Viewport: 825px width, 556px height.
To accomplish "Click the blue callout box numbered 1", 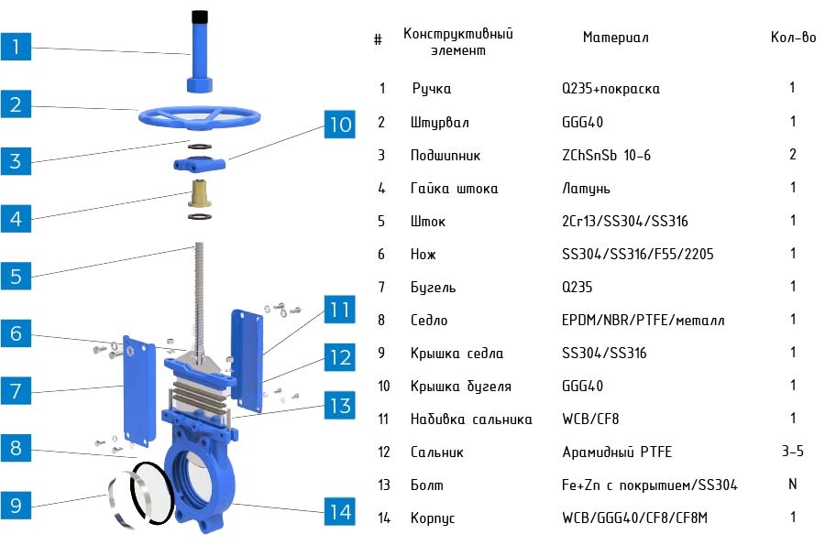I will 16,46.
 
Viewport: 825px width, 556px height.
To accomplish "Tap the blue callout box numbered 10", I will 340,124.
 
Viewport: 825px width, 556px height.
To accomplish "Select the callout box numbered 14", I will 340,511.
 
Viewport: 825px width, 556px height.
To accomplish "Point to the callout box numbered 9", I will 16,505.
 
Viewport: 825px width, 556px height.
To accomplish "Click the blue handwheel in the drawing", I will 199,118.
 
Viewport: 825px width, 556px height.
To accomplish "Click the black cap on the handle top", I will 198,17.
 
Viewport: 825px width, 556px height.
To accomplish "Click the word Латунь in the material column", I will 586,189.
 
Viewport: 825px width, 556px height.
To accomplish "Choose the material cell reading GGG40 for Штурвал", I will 582,123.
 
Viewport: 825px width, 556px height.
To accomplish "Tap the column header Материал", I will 615,38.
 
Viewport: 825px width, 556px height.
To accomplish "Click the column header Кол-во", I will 793,38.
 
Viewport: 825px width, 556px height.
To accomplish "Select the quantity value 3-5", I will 792,452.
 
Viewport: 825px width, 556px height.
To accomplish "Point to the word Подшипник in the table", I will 445,156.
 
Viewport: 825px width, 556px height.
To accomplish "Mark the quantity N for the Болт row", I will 792,485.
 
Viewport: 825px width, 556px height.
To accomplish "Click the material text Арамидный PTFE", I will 616,452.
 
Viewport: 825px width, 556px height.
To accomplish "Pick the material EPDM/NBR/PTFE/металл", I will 643,321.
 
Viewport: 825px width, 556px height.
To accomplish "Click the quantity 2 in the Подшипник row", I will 792,155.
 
